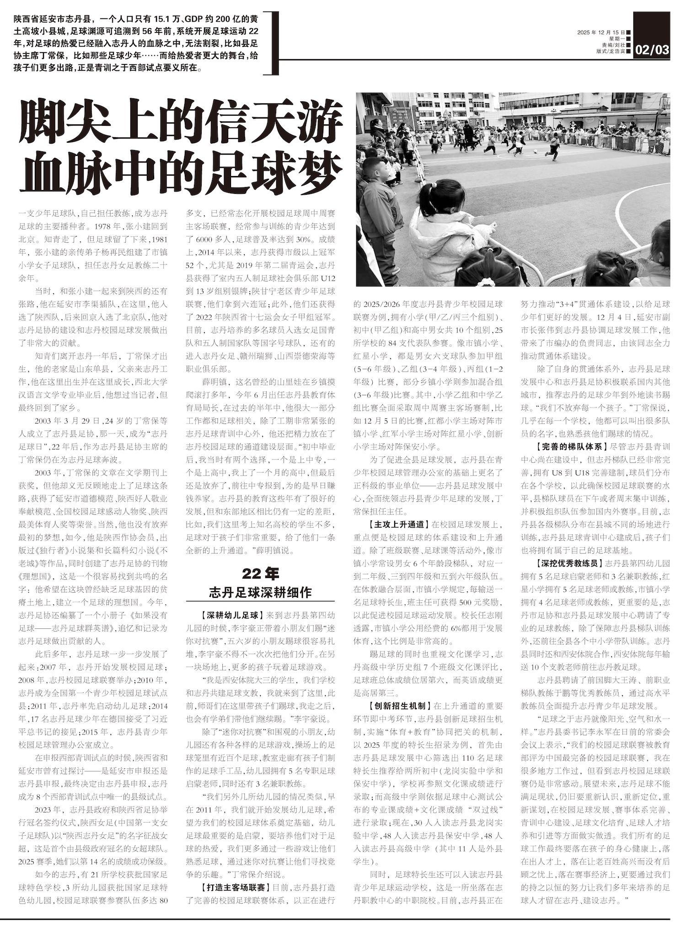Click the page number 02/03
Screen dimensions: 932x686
point(652,49)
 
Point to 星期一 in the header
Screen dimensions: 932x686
point(617,39)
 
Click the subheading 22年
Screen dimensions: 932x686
point(260,573)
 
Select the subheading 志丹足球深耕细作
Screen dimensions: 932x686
point(260,593)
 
